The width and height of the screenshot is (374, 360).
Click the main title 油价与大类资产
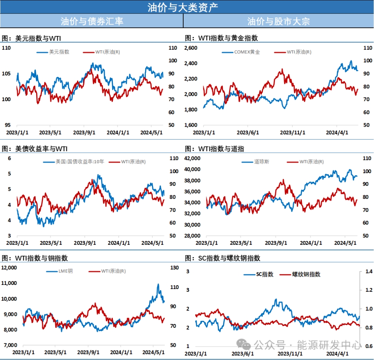click(x=182, y=7)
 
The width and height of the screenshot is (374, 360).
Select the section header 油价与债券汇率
click(x=91, y=21)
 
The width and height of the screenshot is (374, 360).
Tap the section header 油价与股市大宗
click(x=278, y=21)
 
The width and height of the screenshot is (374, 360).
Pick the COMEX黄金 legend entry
click(x=247, y=52)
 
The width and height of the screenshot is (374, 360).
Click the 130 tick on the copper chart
click(x=175, y=268)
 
